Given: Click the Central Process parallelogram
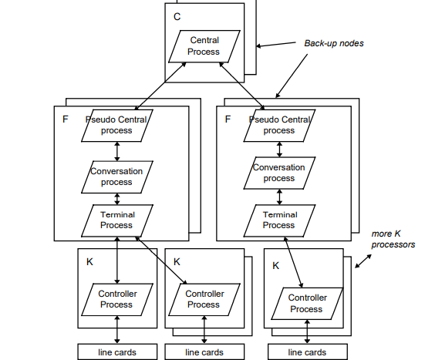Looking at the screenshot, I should click(204, 46).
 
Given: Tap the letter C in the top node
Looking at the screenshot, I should click(177, 16).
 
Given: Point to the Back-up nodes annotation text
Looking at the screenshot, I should click(334, 43).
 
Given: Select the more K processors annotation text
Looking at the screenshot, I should click(393, 239).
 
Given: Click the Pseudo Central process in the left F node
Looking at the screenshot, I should click(116, 125).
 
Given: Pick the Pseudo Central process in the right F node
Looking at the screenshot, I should click(279, 125).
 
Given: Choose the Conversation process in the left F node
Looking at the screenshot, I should click(116, 177).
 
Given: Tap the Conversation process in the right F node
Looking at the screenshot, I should click(279, 173).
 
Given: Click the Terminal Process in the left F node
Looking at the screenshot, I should click(116, 220).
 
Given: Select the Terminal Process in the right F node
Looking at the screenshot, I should click(279, 220).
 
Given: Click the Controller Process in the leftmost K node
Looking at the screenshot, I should click(116, 299).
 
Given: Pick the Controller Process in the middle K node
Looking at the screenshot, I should click(204, 299).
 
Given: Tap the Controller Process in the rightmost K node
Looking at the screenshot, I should click(306, 304).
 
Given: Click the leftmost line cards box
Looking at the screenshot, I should click(116, 352).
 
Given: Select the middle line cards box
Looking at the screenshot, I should click(204, 352).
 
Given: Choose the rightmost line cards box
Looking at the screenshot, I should click(307, 352).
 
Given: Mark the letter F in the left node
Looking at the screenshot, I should click(65, 119).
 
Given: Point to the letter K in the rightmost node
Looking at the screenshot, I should click(276, 265).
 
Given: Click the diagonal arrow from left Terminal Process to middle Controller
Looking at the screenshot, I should click(161, 260).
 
